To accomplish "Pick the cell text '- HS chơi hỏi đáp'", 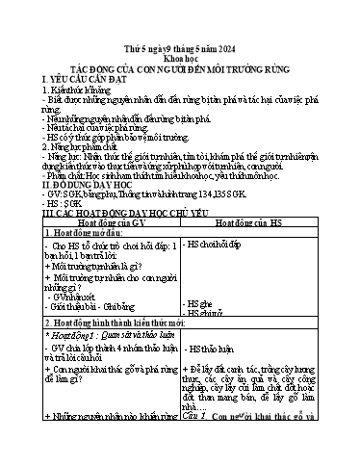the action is [215, 246].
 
